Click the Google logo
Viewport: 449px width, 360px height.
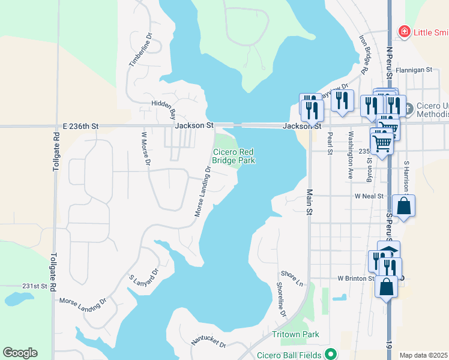point(20,353)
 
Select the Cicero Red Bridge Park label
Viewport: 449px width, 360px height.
point(234,156)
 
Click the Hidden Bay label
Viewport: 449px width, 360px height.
point(163,108)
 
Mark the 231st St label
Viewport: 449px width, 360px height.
point(35,286)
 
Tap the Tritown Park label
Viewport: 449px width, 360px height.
point(295,334)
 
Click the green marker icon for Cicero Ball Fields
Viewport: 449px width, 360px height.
point(329,354)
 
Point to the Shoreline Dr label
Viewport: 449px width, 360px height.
point(281,300)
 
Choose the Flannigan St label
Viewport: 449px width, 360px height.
point(413,70)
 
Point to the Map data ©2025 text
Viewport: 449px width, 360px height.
point(424,355)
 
